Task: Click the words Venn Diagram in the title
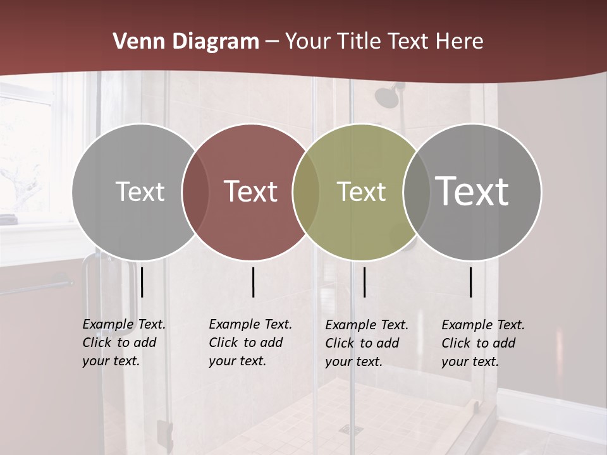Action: point(186,42)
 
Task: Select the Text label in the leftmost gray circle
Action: point(140,191)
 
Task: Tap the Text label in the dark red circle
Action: point(251,191)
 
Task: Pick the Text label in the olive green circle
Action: point(361,191)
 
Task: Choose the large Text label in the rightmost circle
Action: point(472,191)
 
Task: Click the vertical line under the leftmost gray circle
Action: point(142,282)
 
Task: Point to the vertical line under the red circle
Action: point(253,282)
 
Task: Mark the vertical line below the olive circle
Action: point(364,282)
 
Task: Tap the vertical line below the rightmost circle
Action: point(470,282)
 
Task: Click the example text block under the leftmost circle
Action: point(123,343)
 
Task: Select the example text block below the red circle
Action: point(250,343)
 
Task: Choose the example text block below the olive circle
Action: point(366,343)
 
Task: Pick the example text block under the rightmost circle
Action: point(482,343)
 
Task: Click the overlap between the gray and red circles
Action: point(195,191)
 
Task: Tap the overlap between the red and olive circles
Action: point(306,191)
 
